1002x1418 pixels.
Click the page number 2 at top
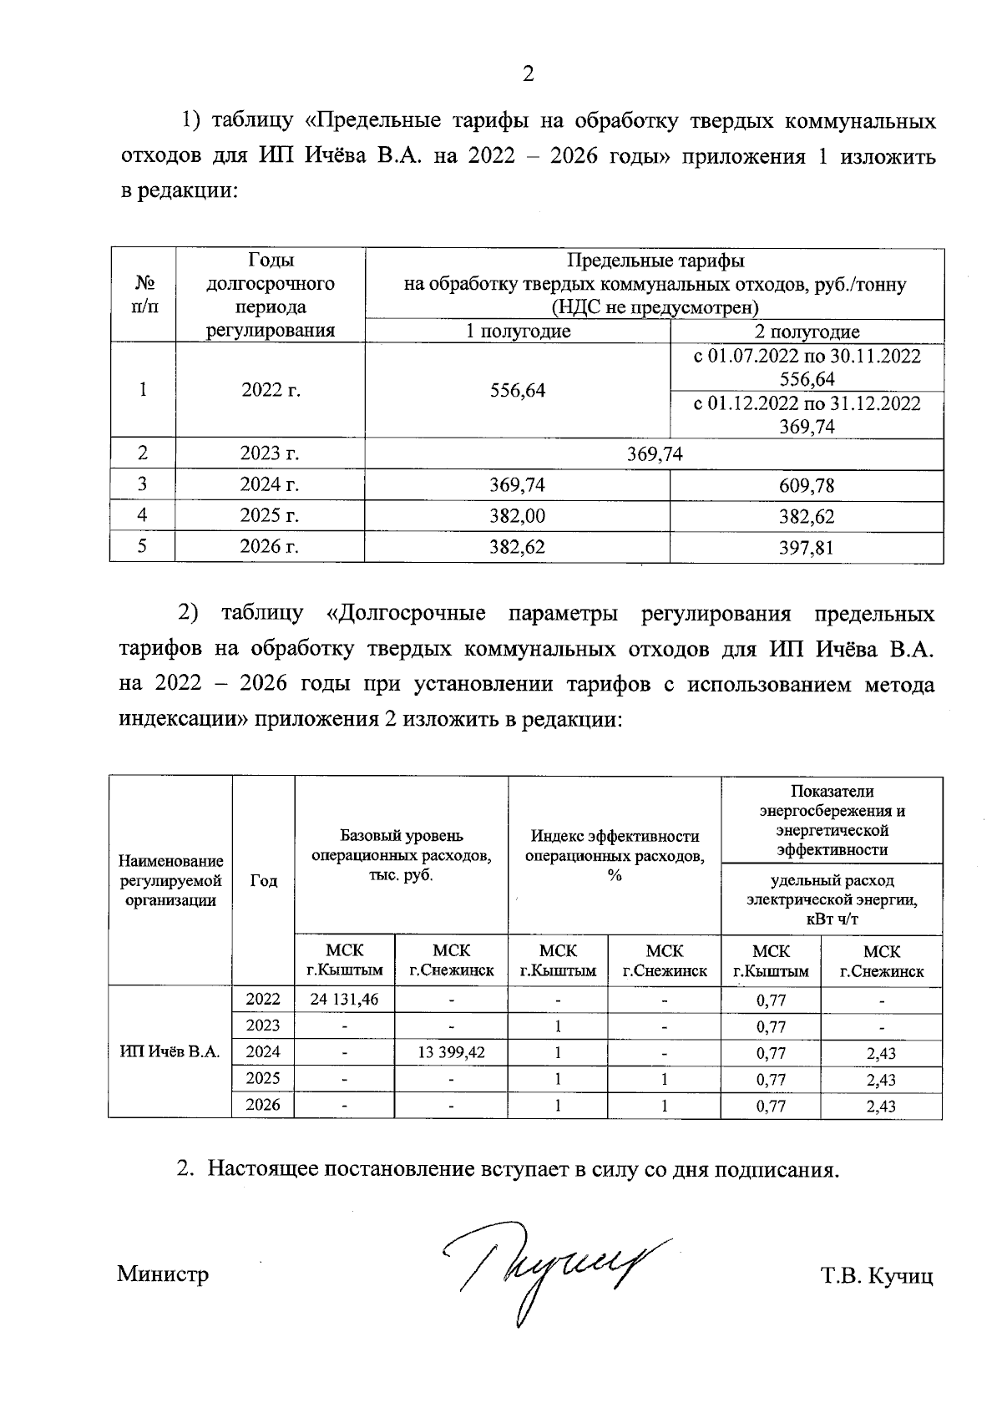(527, 74)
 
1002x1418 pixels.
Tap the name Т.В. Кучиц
(876, 1276)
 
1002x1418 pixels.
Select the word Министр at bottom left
(164, 1274)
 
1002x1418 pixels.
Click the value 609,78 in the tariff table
(807, 485)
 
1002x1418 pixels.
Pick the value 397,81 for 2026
(807, 548)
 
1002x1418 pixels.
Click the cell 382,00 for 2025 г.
(518, 516)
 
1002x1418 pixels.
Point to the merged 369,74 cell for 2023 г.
(655, 453)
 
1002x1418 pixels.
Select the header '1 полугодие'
(518, 332)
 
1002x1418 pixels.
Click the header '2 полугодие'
(807, 332)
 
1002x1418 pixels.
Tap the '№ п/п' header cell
(143, 294)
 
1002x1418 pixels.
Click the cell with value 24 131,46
(344, 1000)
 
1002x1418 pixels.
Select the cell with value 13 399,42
(451, 1052)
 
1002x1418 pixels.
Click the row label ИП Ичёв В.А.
(170, 1052)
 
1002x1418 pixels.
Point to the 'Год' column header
(263, 881)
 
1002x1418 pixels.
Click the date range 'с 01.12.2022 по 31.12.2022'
(807, 404)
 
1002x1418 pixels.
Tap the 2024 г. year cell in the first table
(270, 484)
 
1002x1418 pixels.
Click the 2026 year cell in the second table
(263, 1105)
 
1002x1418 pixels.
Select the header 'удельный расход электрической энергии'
(832, 899)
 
